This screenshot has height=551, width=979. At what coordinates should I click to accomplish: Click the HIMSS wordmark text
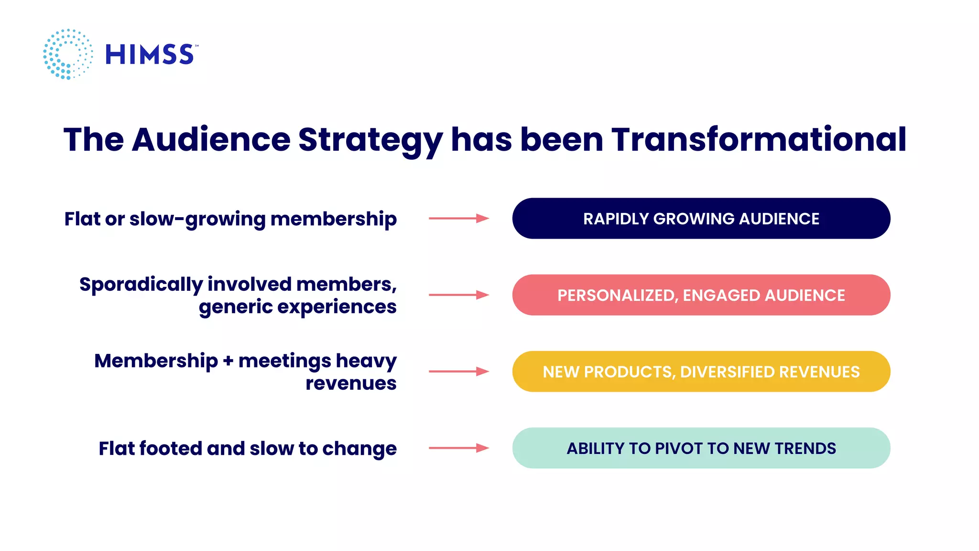[x=150, y=54]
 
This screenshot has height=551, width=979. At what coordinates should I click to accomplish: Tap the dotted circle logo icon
[x=68, y=54]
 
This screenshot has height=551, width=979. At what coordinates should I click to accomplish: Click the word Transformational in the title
[x=759, y=139]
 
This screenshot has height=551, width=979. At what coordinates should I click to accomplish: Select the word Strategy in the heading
[x=370, y=140]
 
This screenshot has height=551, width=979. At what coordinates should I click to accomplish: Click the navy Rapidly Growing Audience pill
[x=701, y=219]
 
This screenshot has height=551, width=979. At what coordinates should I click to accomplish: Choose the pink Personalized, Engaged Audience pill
[x=701, y=295]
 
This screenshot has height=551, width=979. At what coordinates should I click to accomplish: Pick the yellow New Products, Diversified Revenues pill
[x=701, y=372]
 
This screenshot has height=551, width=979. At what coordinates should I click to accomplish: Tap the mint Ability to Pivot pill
[x=701, y=448]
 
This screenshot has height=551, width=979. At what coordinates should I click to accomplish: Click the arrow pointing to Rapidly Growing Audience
[x=458, y=219]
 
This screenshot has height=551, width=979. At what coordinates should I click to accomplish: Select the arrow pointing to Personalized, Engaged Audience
[x=458, y=295]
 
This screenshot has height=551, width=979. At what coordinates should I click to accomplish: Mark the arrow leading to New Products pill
[x=458, y=372]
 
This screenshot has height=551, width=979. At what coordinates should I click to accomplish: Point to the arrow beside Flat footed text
[x=458, y=448]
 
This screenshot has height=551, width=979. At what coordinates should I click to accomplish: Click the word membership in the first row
[x=333, y=219]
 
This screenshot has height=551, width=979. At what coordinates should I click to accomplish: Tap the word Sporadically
[x=141, y=285]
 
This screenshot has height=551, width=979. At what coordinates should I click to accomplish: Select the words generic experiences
[x=297, y=307]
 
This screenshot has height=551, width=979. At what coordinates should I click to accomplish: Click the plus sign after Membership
[x=228, y=361]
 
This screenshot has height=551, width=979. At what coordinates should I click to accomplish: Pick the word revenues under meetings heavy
[x=351, y=383]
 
